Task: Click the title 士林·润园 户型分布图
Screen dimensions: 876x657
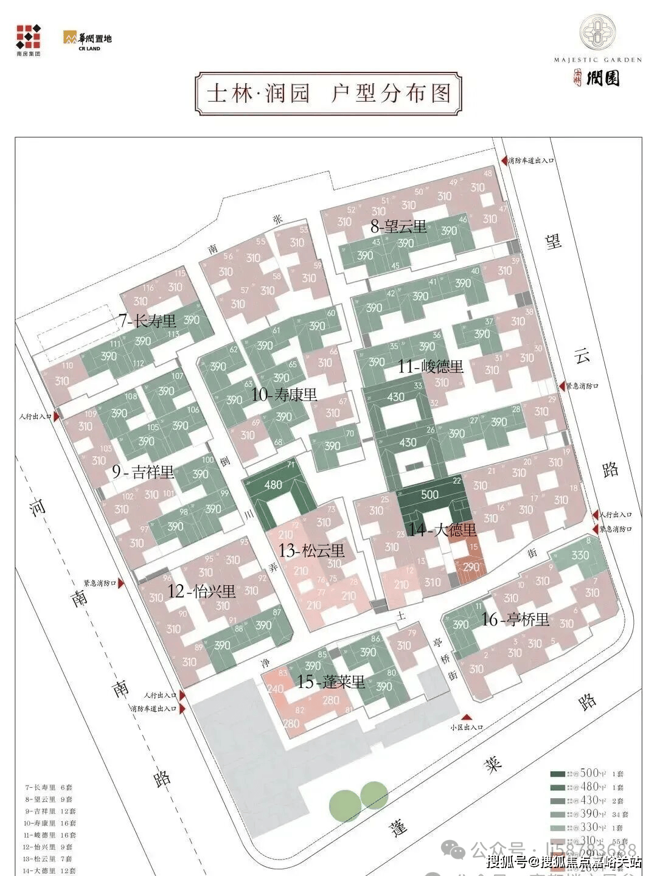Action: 328,94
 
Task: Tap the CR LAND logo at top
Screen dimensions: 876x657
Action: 88,41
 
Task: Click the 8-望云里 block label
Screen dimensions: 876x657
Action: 398,227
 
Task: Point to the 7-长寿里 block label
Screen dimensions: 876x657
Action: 148,321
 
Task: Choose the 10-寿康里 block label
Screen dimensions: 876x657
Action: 284,395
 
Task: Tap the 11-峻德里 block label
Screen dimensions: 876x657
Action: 431,366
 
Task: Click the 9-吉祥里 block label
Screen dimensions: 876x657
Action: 143,471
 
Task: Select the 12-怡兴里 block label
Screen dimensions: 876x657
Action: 201,591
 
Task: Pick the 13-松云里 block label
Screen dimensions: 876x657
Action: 311,551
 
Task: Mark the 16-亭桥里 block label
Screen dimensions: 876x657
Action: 515,619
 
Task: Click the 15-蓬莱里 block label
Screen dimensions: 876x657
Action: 331,682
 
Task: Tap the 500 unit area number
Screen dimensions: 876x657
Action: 429,495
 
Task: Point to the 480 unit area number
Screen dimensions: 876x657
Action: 274,485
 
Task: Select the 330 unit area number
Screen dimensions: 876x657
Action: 580,555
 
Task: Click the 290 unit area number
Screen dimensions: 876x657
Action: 471,568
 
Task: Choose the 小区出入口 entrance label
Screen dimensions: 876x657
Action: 467,727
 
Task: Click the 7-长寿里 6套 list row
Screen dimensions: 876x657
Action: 49,787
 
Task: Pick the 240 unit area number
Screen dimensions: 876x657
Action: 276,689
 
